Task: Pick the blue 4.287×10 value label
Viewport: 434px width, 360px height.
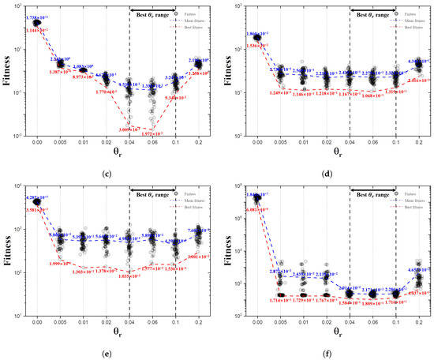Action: click(x=37, y=197)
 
